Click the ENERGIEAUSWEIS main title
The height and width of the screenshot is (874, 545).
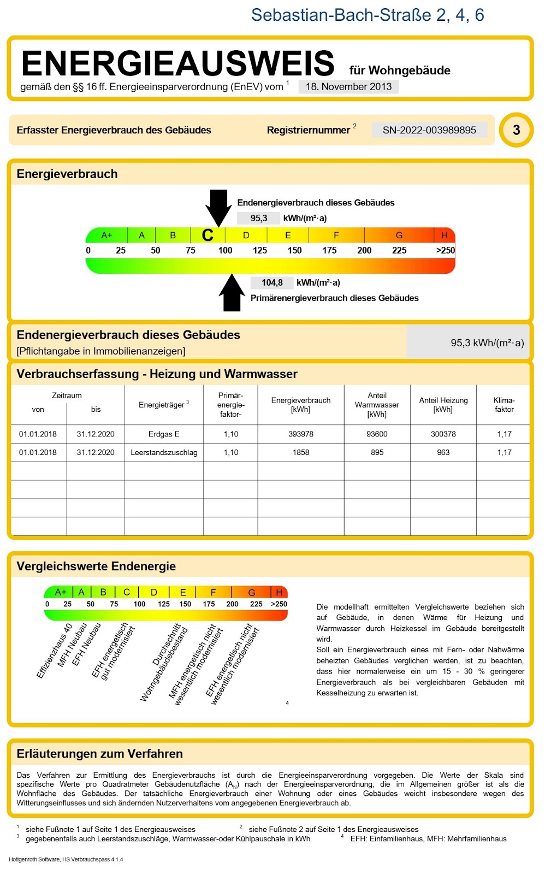click(177, 63)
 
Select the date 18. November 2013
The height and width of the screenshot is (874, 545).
click(348, 87)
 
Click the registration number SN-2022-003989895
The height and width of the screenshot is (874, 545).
click(429, 130)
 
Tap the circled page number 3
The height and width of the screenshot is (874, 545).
click(516, 130)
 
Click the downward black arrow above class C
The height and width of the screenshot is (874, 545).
click(218, 206)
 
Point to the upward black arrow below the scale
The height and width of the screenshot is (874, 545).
click(232, 294)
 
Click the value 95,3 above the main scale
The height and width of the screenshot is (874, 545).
click(258, 218)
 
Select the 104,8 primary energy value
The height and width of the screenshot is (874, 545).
click(272, 283)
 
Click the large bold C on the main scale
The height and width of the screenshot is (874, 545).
click(208, 235)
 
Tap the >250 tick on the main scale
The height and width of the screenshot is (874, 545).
click(445, 251)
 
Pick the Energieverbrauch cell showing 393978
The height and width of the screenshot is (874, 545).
click(301, 434)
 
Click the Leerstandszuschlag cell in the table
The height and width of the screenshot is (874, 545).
click(164, 453)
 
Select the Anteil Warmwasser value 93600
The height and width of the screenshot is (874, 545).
click(377, 434)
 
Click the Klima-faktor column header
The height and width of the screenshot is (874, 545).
click(503, 405)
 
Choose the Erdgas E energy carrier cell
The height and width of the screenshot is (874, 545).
click(164, 434)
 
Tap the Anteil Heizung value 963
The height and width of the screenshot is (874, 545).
click(443, 453)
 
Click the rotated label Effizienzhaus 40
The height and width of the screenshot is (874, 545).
click(54, 651)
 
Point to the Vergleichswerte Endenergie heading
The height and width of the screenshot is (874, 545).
click(96, 566)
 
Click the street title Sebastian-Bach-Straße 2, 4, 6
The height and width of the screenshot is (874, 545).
click(367, 15)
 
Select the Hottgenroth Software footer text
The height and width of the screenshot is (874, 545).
click(66, 859)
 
